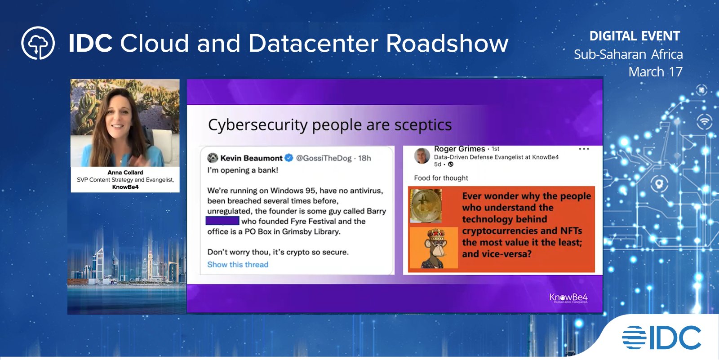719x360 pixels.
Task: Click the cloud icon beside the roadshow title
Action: [38, 43]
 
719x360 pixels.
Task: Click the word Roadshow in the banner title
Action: [447, 44]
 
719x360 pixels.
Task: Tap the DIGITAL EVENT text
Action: [635, 36]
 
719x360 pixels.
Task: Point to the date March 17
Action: [655, 72]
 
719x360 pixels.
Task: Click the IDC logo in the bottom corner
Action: [661, 338]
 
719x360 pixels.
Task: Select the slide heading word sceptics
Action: [423, 125]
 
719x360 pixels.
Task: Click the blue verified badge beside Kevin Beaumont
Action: [289, 158]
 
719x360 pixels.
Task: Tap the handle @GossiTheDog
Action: [324, 158]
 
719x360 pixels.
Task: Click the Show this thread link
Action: [238, 265]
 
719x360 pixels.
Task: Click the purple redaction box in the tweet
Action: [222, 221]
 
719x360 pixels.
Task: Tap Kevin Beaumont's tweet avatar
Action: [213, 158]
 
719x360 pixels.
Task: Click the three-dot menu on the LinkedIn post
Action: [584, 149]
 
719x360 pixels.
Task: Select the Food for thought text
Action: [441, 178]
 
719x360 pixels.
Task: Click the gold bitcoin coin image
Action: [426, 205]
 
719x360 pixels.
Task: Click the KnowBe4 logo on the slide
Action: [568, 298]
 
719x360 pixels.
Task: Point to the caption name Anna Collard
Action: [125, 173]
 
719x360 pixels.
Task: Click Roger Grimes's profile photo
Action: [422, 156]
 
